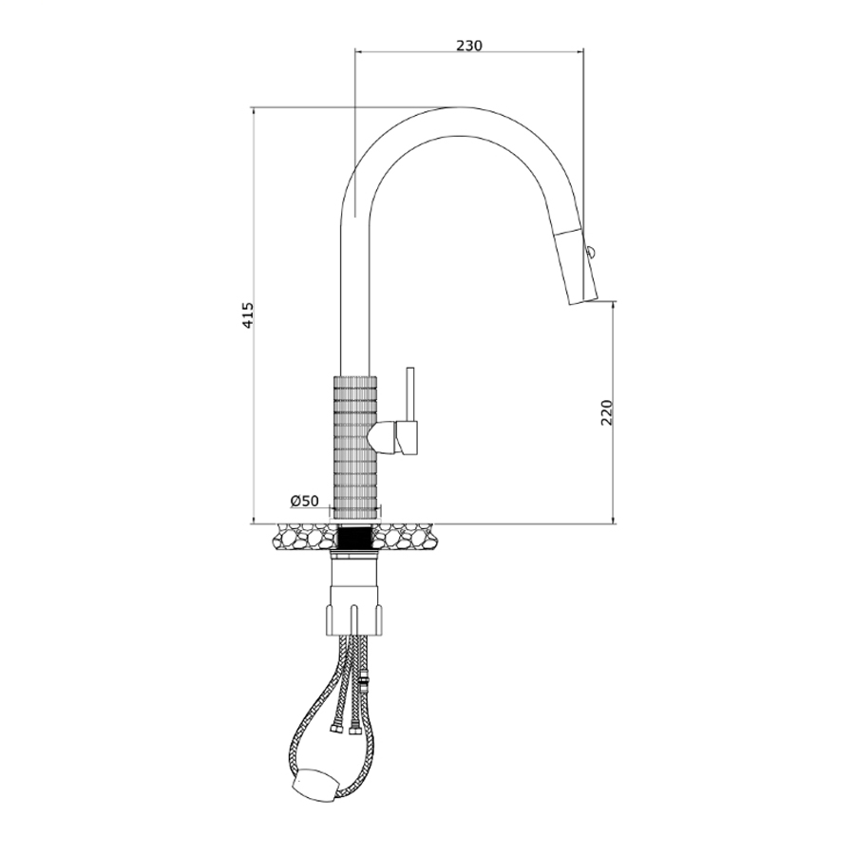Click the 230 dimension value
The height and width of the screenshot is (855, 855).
coord(469,46)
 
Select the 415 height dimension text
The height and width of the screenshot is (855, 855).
coord(248,315)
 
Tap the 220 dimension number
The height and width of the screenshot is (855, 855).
coord(607,413)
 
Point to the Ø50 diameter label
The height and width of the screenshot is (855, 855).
coord(304,501)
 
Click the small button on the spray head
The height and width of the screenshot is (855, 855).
coord(590,252)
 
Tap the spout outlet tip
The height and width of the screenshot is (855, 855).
coord(584,301)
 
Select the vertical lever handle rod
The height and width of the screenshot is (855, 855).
coord(410,394)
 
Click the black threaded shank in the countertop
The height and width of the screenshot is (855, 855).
coord(355,538)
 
